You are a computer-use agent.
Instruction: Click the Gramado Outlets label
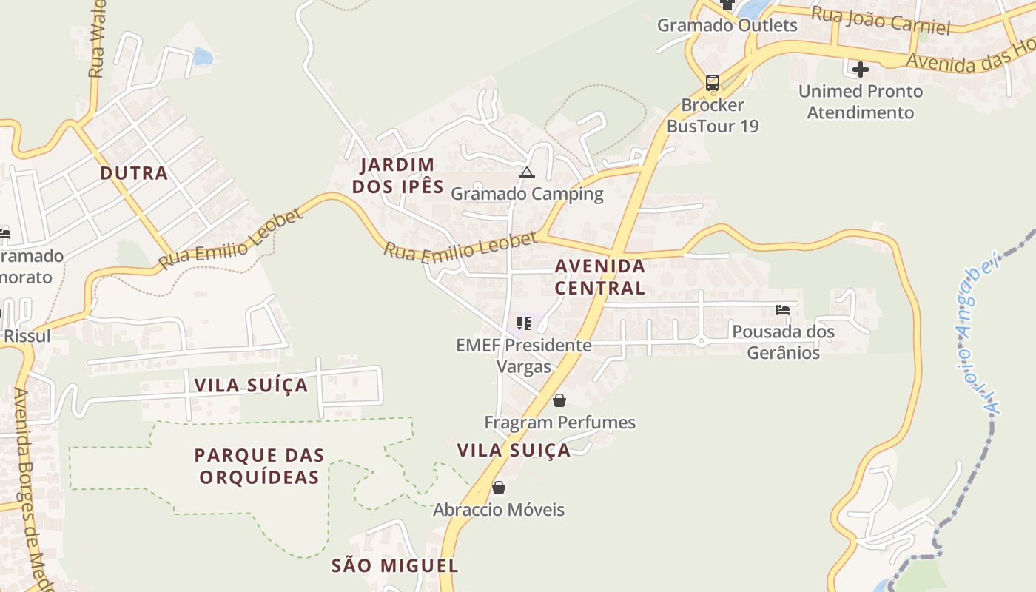(727, 25)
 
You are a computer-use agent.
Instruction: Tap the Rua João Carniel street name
(880, 21)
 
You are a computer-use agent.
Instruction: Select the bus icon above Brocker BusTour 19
(713, 82)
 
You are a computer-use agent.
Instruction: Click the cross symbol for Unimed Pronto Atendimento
(860, 70)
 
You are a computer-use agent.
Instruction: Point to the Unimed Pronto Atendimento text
(861, 102)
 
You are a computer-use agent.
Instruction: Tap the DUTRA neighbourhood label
(134, 173)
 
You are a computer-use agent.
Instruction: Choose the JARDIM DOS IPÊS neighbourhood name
(398, 175)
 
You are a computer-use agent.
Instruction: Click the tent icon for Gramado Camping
(526, 173)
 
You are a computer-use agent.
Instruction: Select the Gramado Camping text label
(527, 194)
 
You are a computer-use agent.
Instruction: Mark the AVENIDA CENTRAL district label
(599, 277)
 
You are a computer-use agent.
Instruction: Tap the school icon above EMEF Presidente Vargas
(524, 323)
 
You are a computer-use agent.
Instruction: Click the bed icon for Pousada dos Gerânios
(783, 310)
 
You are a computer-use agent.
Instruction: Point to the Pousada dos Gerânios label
(783, 342)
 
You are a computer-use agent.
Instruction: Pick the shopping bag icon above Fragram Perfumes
(559, 400)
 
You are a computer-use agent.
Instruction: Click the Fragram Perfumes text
(559, 423)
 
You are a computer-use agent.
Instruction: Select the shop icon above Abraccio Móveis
(499, 488)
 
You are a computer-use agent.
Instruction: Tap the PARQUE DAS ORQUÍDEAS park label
(259, 465)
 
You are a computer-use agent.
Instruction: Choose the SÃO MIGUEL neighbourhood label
(394, 566)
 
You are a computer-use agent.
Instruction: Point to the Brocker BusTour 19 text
(713, 115)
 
